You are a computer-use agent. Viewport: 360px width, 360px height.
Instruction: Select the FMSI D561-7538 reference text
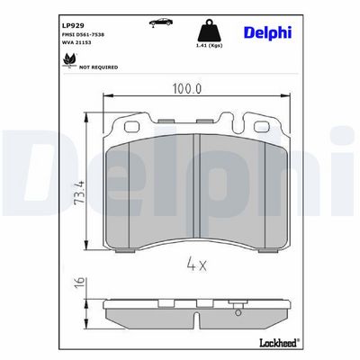pos(83,35)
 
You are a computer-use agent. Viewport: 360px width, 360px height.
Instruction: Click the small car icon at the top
pos(161,22)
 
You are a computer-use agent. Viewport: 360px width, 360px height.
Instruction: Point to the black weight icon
pos(210,31)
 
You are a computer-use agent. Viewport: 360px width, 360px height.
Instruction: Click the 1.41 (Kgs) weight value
pos(209,46)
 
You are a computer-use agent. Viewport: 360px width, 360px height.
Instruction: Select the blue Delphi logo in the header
pos(267,32)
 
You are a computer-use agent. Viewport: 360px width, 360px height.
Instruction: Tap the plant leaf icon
pos(69,60)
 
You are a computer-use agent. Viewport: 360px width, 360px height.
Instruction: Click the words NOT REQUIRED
pos(98,67)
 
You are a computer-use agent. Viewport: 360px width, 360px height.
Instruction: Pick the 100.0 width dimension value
pos(187,88)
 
